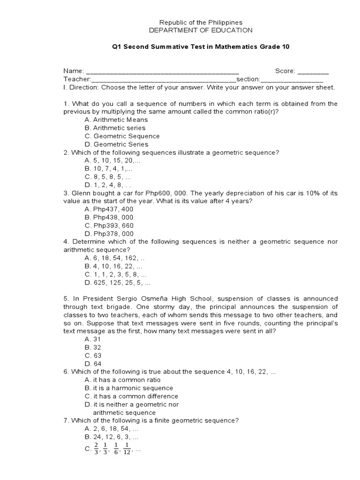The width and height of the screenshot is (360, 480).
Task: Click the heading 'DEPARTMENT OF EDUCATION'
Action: [201, 30]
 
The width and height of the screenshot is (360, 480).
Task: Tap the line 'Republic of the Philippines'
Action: [201, 22]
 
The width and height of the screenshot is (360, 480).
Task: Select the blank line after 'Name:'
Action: [163, 72]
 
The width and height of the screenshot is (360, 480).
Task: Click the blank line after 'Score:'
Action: [313, 72]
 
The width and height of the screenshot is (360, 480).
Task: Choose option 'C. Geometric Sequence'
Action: [122, 136]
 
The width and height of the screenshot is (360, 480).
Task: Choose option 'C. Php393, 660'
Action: [109, 225]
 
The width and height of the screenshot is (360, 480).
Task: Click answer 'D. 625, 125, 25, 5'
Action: [118, 283]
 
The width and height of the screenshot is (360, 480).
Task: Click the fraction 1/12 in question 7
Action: [127, 449]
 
